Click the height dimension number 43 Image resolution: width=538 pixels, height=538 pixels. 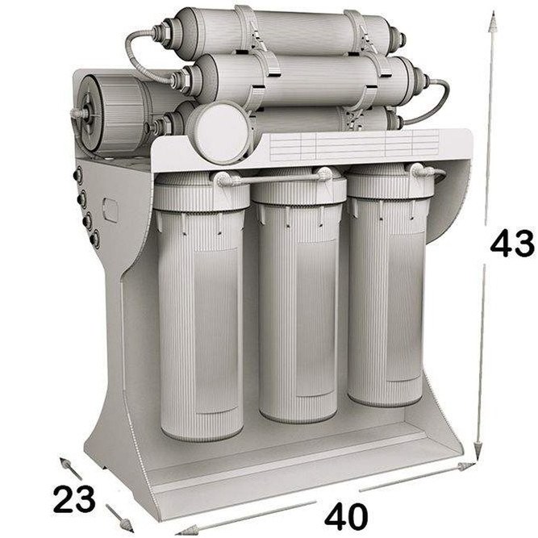click(x=512, y=243)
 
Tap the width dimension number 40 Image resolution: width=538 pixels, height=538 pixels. click(x=346, y=516)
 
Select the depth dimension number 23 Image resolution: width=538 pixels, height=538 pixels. click(x=74, y=499)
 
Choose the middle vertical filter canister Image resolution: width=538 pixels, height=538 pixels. click(x=298, y=295)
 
